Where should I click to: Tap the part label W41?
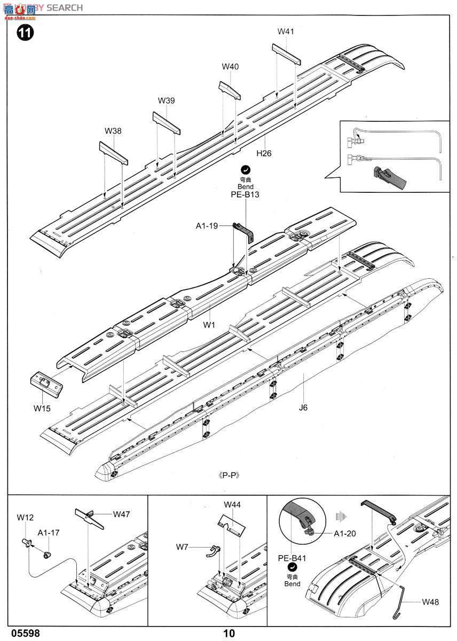click(x=286, y=32)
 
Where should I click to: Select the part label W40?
click(x=230, y=67)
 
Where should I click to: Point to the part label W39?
click(x=166, y=100)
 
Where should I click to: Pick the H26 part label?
click(x=264, y=153)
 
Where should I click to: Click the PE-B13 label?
click(x=245, y=195)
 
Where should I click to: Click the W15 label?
click(x=42, y=409)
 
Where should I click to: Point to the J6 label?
click(x=303, y=408)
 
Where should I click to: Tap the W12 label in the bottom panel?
click(x=25, y=517)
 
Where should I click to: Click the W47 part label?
click(x=121, y=514)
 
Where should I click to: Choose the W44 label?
click(x=232, y=504)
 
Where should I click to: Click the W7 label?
click(x=183, y=546)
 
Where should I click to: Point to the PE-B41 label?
click(x=291, y=559)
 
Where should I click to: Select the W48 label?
click(x=430, y=602)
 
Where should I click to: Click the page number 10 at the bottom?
click(x=229, y=634)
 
